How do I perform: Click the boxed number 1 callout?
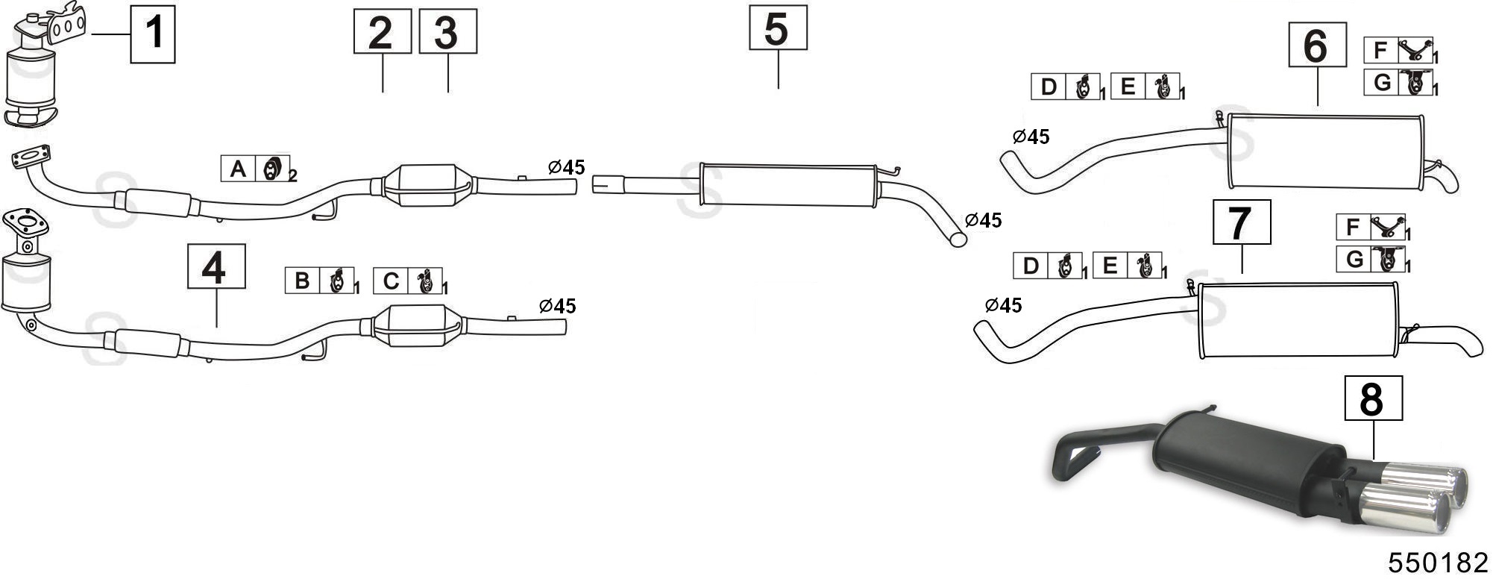153,34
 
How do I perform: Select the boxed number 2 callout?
382,32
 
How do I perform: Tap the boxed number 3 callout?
447,32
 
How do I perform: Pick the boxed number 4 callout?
216,266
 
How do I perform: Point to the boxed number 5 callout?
778,28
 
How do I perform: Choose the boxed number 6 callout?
1317,46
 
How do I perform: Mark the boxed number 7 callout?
1242,222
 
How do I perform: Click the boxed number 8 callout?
1373,398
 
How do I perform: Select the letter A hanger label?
239,169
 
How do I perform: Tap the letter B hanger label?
302,281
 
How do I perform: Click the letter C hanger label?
391,281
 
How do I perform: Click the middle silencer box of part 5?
788,185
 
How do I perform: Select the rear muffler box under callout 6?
1324,152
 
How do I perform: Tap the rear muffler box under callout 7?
1297,320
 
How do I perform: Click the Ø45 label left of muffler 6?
1031,137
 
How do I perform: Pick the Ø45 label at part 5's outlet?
983,220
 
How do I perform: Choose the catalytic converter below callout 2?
428,185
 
